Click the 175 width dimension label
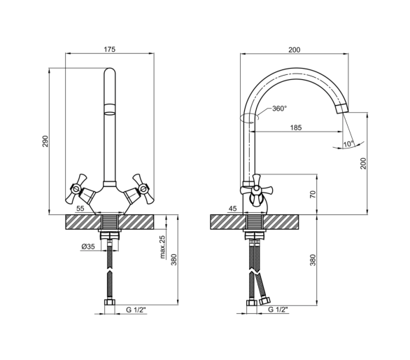[110, 49]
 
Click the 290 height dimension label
[45, 141]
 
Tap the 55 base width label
[80, 209]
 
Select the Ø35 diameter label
[88, 247]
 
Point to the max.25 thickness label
[162, 247]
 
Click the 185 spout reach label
[296, 127]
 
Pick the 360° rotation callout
[280, 109]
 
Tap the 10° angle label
[348, 144]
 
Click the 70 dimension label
[313, 194]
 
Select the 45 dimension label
[232, 209]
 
